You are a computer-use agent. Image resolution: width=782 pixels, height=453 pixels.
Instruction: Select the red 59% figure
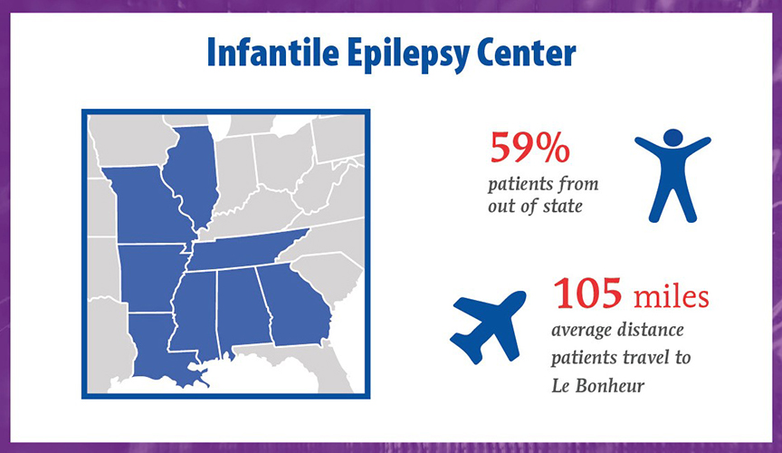pyautogui.click(x=530, y=147)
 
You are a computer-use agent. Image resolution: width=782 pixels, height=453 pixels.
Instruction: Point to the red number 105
pyautogui.click(x=587, y=294)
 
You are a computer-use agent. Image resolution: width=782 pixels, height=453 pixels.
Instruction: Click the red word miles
pyautogui.click(x=671, y=295)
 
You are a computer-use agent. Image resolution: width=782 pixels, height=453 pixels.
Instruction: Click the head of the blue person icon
pyautogui.click(x=672, y=138)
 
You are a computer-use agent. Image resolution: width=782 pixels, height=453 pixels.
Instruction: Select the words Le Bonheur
pyautogui.click(x=598, y=386)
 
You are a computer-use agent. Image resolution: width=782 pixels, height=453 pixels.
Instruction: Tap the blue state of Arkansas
pyautogui.click(x=150, y=278)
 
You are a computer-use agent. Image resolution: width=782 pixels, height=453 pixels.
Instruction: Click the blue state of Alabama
pyautogui.click(x=243, y=306)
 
